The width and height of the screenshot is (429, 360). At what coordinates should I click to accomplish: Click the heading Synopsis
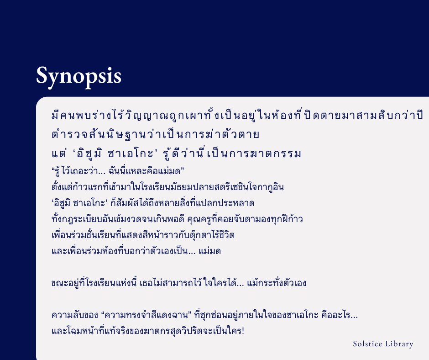tap(78, 76)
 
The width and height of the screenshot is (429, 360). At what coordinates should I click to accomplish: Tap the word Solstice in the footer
tap(367, 344)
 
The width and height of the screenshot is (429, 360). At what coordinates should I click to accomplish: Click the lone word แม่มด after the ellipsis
tap(210, 251)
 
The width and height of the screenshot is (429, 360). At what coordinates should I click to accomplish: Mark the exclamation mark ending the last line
tap(243, 331)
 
